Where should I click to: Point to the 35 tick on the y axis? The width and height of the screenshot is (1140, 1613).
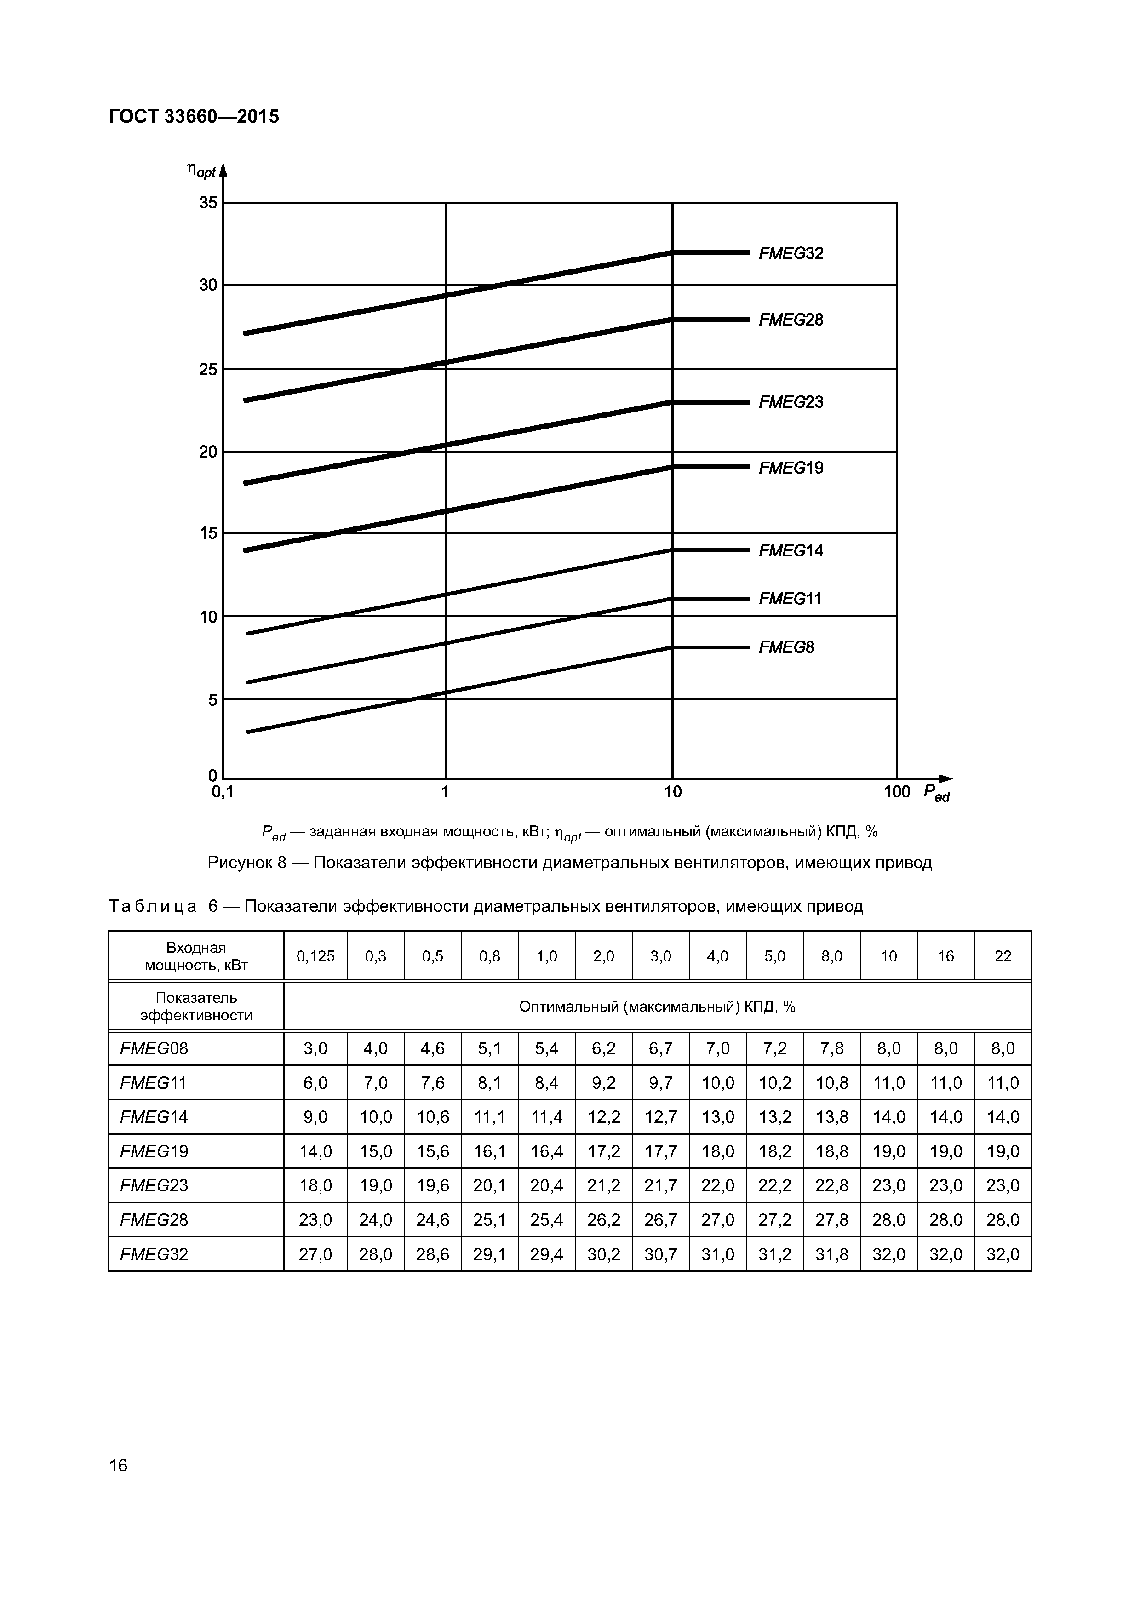pos(208,203)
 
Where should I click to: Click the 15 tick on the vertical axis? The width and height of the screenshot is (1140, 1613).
pos(208,533)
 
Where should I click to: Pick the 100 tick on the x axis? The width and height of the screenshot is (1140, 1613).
pos(896,792)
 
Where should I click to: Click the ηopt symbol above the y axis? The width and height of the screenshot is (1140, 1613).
pos(201,170)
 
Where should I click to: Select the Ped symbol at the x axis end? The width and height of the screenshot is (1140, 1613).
pos(936,793)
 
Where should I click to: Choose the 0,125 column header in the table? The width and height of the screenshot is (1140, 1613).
pos(315,956)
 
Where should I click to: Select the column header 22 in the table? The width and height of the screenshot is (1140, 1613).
pos(1003,956)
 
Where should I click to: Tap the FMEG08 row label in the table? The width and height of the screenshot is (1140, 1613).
pos(155,1049)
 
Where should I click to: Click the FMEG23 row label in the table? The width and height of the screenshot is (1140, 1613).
pos(155,1186)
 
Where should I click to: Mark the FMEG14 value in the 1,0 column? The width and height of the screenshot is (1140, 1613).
pos(546,1117)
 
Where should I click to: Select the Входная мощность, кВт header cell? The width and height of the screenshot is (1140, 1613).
pos(196,956)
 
